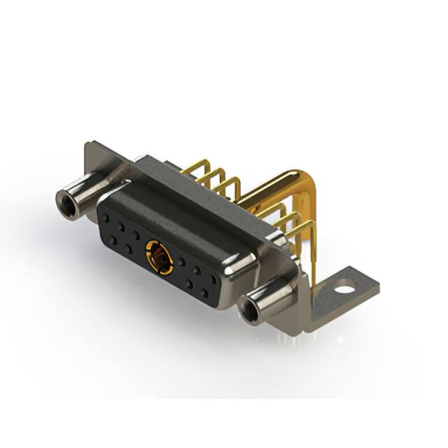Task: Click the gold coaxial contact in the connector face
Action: [160, 258]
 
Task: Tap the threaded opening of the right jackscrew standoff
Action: [248, 311]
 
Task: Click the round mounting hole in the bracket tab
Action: [344, 286]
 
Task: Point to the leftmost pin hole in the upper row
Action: [106, 218]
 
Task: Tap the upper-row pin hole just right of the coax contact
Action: [181, 262]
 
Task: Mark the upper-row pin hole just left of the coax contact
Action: [136, 234]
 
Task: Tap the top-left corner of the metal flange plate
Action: [87, 146]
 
